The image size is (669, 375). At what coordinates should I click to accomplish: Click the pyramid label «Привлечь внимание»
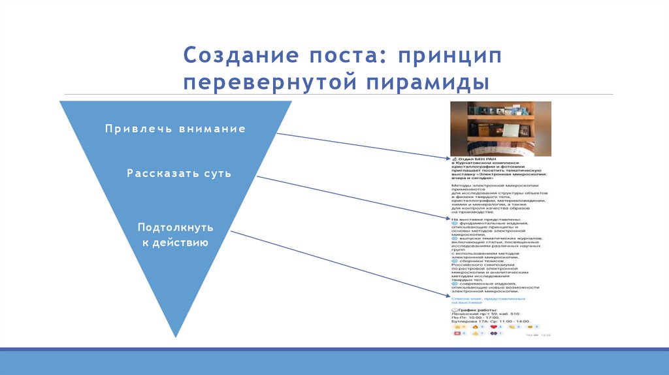coord(175,129)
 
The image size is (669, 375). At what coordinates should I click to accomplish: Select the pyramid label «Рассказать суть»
coord(178,174)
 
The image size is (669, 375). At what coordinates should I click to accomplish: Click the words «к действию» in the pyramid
coord(175,242)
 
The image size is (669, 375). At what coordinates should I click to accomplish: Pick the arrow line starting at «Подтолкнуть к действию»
coord(340,264)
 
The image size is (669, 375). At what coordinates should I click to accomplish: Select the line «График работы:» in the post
coord(477,309)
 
